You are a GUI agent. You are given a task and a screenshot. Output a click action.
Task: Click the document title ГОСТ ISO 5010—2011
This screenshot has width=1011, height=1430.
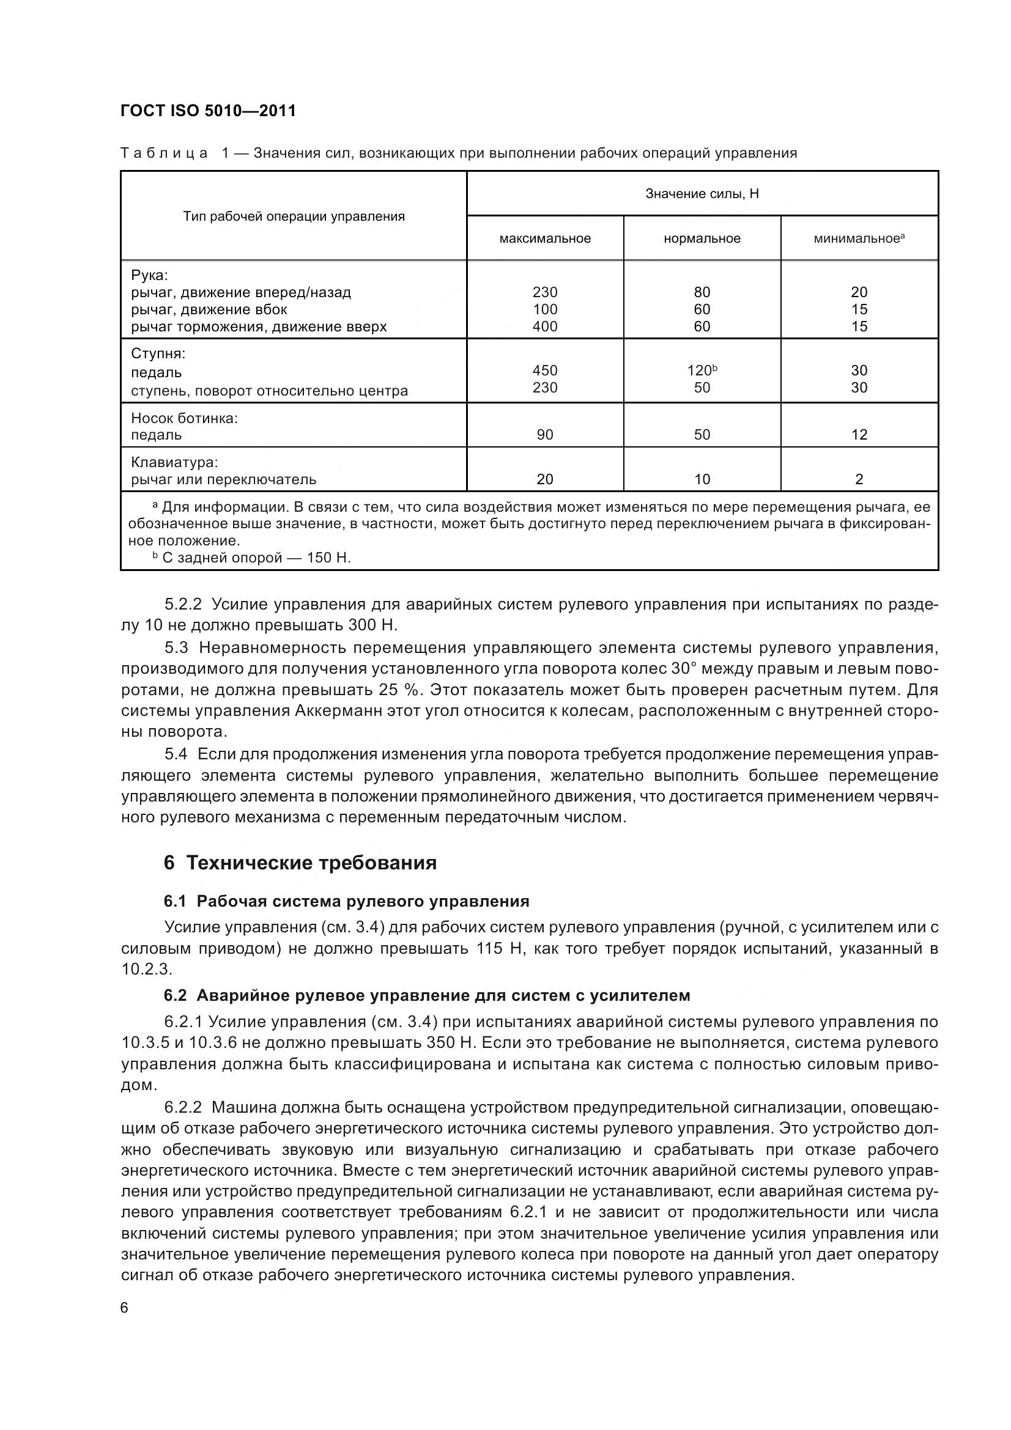tap(208, 111)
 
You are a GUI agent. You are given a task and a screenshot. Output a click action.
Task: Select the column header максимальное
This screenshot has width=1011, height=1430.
tap(544, 238)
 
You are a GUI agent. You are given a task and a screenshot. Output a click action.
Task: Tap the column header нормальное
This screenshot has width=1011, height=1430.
tap(702, 238)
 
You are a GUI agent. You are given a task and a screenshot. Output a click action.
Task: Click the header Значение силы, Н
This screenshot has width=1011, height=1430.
tap(702, 194)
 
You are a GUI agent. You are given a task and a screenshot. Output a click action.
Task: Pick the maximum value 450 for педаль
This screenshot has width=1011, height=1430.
tap(544, 370)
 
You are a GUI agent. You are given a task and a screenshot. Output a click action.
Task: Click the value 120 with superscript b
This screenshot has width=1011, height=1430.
tap(702, 370)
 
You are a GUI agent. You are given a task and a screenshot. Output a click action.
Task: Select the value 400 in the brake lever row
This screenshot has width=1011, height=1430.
tap(544, 326)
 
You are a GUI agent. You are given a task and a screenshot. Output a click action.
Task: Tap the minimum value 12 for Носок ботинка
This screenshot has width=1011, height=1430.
tap(859, 435)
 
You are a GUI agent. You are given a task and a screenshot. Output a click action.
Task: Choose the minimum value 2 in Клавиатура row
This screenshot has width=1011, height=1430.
tap(859, 479)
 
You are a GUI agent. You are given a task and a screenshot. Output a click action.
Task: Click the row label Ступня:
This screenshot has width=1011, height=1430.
tap(158, 354)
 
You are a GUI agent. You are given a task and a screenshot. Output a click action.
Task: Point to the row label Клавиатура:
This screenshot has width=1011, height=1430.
tap(174, 463)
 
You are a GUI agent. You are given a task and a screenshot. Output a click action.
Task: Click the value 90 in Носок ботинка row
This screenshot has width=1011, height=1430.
tap(544, 435)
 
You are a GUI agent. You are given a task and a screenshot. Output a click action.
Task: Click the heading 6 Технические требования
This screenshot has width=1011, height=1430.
tap(300, 863)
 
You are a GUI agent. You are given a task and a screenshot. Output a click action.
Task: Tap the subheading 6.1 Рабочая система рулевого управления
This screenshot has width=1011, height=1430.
tap(346, 901)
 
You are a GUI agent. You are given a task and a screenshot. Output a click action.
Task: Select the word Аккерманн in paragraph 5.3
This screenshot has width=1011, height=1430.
tap(330, 711)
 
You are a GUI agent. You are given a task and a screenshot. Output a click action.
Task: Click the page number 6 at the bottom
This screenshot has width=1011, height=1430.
tap(124, 1308)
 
